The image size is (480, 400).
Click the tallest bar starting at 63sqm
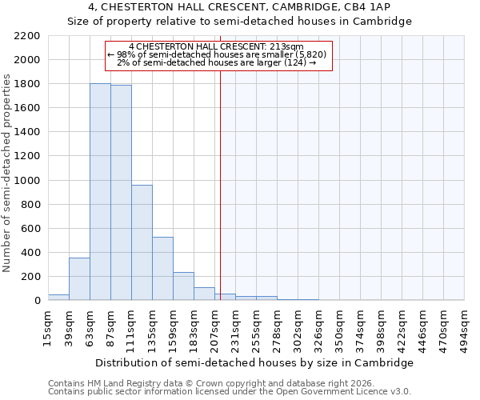point(100,192)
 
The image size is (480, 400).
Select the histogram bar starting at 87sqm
point(121,193)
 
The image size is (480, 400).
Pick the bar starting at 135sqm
point(162,269)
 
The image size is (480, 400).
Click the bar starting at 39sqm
point(79,279)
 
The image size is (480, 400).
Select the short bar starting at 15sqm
point(58,298)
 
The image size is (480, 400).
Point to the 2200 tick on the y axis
point(26,36)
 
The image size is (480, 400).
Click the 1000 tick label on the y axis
point(26,181)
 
